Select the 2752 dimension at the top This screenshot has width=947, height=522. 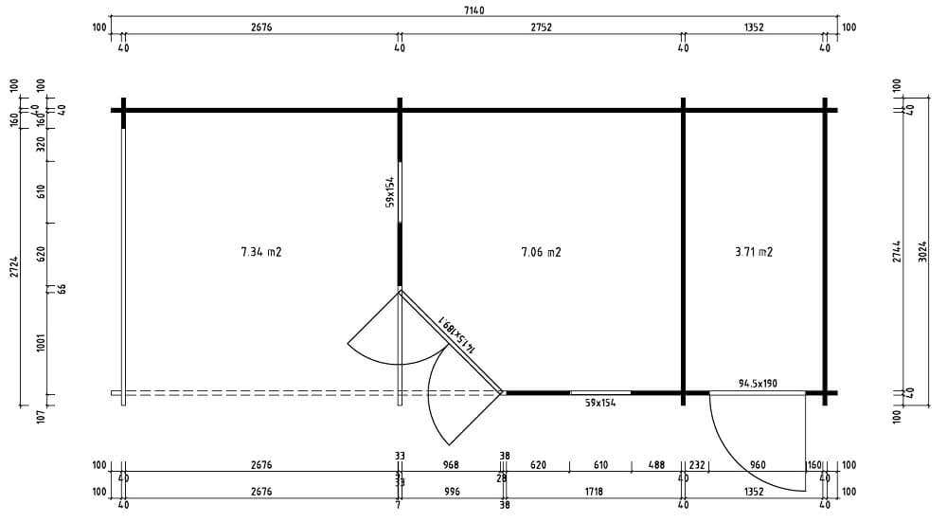(540, 27)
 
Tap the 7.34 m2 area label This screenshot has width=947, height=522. (261, 253)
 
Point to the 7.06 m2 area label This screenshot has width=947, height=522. (541, 253)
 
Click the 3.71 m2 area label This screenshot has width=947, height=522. (754, 253)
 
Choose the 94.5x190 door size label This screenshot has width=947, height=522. (758, 384)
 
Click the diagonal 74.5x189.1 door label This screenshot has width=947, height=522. (456, 335)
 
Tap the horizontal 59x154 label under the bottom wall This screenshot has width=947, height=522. (599, 403)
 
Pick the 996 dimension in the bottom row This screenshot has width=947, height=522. (451, 492)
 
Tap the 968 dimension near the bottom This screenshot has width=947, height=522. (451, 465)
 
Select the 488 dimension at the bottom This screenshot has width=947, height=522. (656, 465)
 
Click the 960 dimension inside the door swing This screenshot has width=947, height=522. (758, 465)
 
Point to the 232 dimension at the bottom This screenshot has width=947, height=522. (697, 465)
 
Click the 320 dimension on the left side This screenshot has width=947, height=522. (41, 144)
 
